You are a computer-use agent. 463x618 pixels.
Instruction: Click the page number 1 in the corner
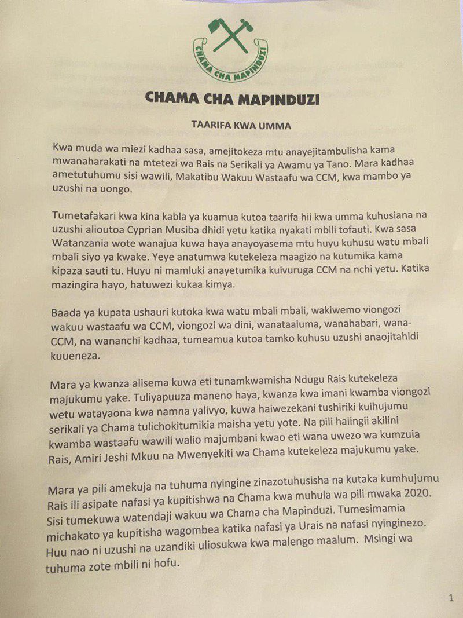tap(451, 598)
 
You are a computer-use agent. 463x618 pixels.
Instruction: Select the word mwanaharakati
tap(95, 163)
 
